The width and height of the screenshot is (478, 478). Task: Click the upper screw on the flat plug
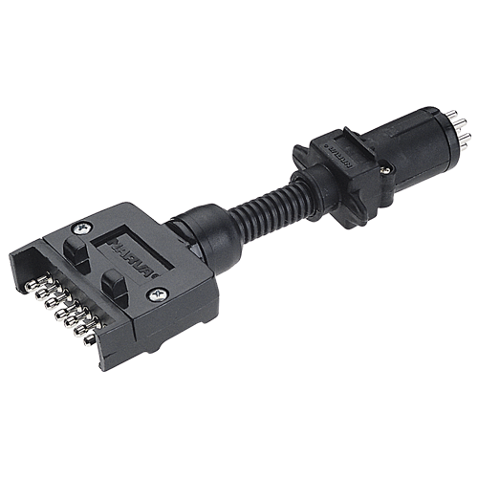pyautogui.click(x=79, y=228)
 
